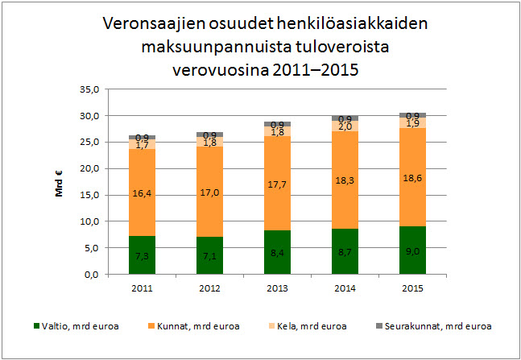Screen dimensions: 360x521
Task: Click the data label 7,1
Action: [209, 256]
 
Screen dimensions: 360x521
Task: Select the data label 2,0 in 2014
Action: [345, 126]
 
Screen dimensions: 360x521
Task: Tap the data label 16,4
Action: [142, 192]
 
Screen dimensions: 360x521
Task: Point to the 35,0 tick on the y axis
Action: [89, 89]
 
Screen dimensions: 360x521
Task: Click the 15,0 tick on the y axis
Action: [89, 195]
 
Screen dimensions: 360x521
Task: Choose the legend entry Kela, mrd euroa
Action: [312, 326]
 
